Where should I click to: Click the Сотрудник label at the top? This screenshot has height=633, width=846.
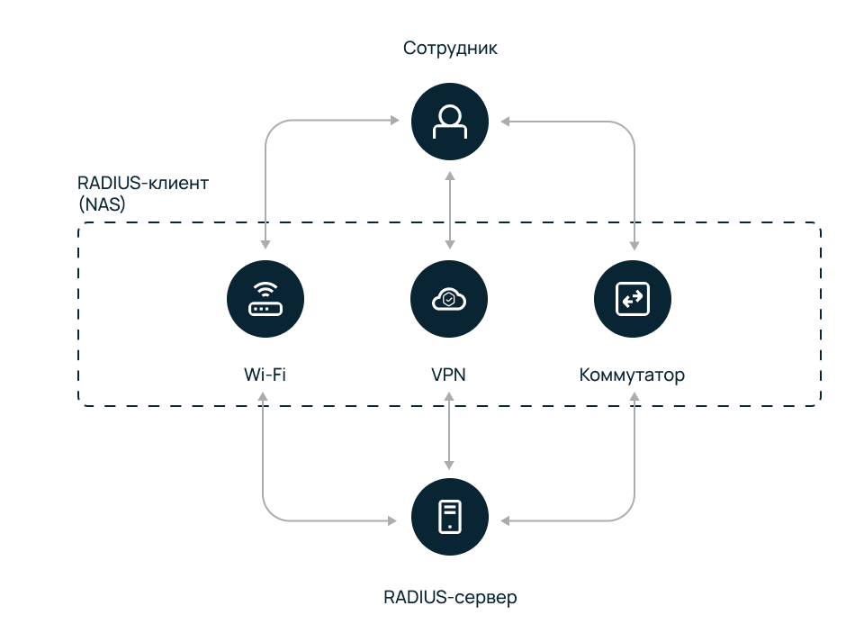(450, 48)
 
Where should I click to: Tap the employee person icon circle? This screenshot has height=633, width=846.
(449, 120)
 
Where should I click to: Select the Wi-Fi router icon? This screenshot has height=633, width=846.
(265, 299)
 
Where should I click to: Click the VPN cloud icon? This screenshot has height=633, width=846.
(449, 299)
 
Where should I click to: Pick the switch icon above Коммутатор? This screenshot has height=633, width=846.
(634, 299)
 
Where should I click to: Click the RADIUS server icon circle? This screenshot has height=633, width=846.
(449, 518)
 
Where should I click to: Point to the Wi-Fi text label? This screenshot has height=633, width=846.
(265, 374)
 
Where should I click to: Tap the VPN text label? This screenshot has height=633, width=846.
(449, 374)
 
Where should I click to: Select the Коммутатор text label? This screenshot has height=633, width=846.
(632, 374)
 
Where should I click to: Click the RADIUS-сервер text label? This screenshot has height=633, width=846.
(450, 597)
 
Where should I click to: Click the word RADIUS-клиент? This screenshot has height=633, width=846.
(143, 184)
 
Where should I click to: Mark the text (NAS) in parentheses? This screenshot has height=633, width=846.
(102, 204)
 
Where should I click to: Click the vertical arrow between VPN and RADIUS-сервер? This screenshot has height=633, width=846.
(449, 434)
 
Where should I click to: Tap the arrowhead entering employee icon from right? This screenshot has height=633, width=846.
(505, 120)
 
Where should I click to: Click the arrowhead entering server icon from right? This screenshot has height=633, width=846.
(505, 520)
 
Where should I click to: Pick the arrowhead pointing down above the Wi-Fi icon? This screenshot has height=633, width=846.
(265, 244)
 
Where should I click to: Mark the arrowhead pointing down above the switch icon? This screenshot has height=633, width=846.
(634, 244)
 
